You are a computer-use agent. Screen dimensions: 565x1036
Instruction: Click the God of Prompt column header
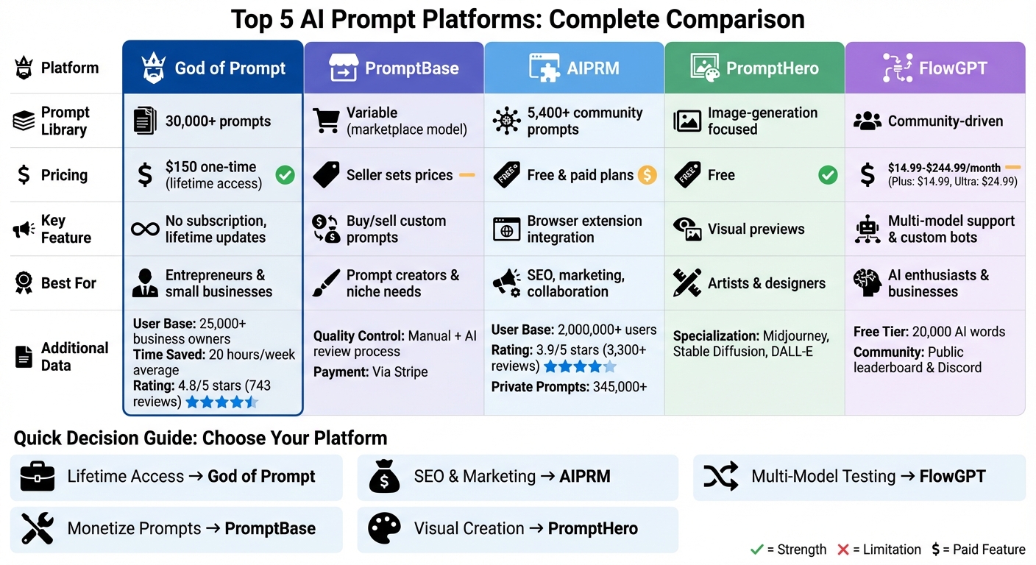pyautogui.click(x=213, y=68)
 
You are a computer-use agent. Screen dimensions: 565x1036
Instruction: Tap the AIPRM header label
pyautogui.click(x=592, y=68)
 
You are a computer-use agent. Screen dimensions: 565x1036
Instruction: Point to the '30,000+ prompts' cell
pyautogui.click(x=218, y=121)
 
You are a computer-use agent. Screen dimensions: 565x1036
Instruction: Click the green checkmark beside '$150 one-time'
pyautogui.click(x=285, y=175)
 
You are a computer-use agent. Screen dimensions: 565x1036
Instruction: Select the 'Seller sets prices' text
pyautogui.click(x=400, y=175)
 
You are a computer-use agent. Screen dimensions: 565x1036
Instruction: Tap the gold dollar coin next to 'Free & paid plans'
pyautogui.click(x=647, y=175)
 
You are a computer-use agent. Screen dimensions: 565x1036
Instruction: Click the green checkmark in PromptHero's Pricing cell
pyautogui.click(x=828, y=175)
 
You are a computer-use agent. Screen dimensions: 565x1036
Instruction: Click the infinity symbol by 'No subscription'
pyautogui.click(x=145, y=229)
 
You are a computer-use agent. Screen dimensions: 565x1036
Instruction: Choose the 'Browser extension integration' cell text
pyautogui.click(x=584, y=229)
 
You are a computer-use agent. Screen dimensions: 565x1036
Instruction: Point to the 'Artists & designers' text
pyautogui.click(x=766, y=283)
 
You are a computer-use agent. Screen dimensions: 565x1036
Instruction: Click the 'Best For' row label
pyautogui.click(x=68, y=283)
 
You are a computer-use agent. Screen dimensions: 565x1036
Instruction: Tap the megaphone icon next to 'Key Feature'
pyautogui.click(x=24, y=230)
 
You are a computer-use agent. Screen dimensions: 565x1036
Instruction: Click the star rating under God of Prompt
pyautogui.click(x=221, y=402)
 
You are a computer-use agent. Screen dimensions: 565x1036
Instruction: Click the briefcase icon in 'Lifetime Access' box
pyautogui.click(x=37, y=477)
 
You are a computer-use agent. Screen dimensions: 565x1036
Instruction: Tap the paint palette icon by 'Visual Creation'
pyautogui.click(x=384, y=528)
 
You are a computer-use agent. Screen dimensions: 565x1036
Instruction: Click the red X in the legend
pyautogui.click(x=843, y=550)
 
